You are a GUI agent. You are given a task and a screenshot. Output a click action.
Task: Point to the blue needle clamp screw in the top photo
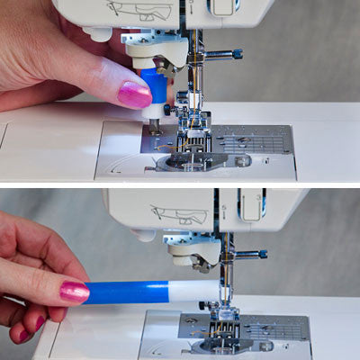click(x=237, y=54)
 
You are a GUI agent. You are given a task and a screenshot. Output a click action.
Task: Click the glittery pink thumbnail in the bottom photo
click(x=74, y=292)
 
